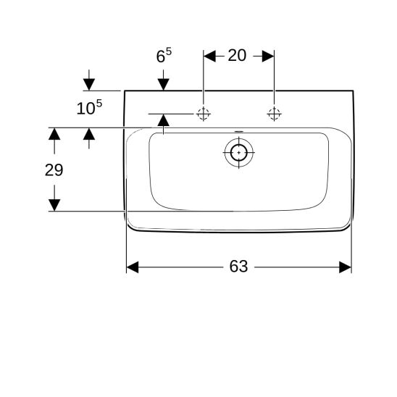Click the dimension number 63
point(238,267)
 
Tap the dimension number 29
point(54,170)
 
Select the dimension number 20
point(237,55)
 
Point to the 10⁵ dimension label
point(89,107)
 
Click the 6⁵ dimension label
point(164,55)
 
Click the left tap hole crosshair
point(204,114)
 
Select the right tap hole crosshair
point(274,114)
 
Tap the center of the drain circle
point(239,153)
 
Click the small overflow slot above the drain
point(239,131)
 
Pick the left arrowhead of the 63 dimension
point(133,267)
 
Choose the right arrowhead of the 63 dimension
point(346,267)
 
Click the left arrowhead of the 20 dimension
point(209,56)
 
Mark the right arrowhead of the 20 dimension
point(268,56)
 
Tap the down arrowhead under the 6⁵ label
point(163,84)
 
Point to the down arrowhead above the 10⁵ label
point(89,84)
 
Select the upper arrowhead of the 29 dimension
point(54,134)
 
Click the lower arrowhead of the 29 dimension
point(54,205)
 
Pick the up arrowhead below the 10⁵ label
point(89,134)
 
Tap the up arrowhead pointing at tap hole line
point(163,120)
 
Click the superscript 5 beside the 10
point(99,103)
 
